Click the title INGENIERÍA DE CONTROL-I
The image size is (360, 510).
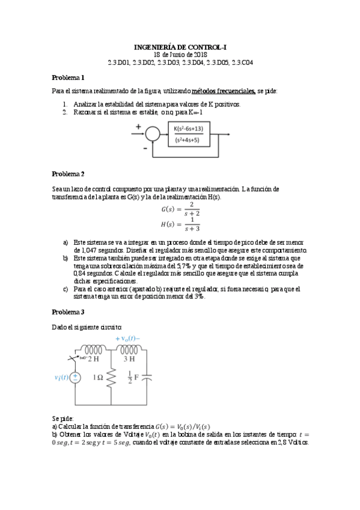(x=180, y=46)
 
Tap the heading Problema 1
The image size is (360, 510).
(x=68, y=78)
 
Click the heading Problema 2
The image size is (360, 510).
(x=68, y=174)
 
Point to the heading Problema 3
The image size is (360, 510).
(x=68, y=312)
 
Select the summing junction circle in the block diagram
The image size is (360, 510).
(x=153, y=134)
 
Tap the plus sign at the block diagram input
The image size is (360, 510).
(x=139, y=127)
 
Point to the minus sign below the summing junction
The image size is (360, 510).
(x=145, y=146)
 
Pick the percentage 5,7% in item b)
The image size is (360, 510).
(x=180, y=265)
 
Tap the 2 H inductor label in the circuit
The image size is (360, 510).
(x=94, y=359)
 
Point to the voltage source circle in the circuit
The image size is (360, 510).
(x=76, y=378)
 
